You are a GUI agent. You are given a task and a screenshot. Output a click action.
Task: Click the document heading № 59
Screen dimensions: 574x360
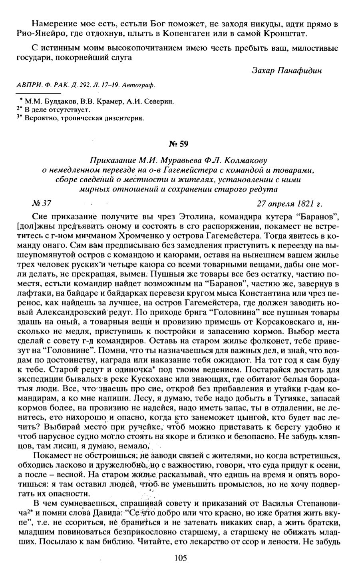tap(181, 143)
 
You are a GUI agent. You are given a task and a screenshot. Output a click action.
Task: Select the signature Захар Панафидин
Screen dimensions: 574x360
tap(287, 71)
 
